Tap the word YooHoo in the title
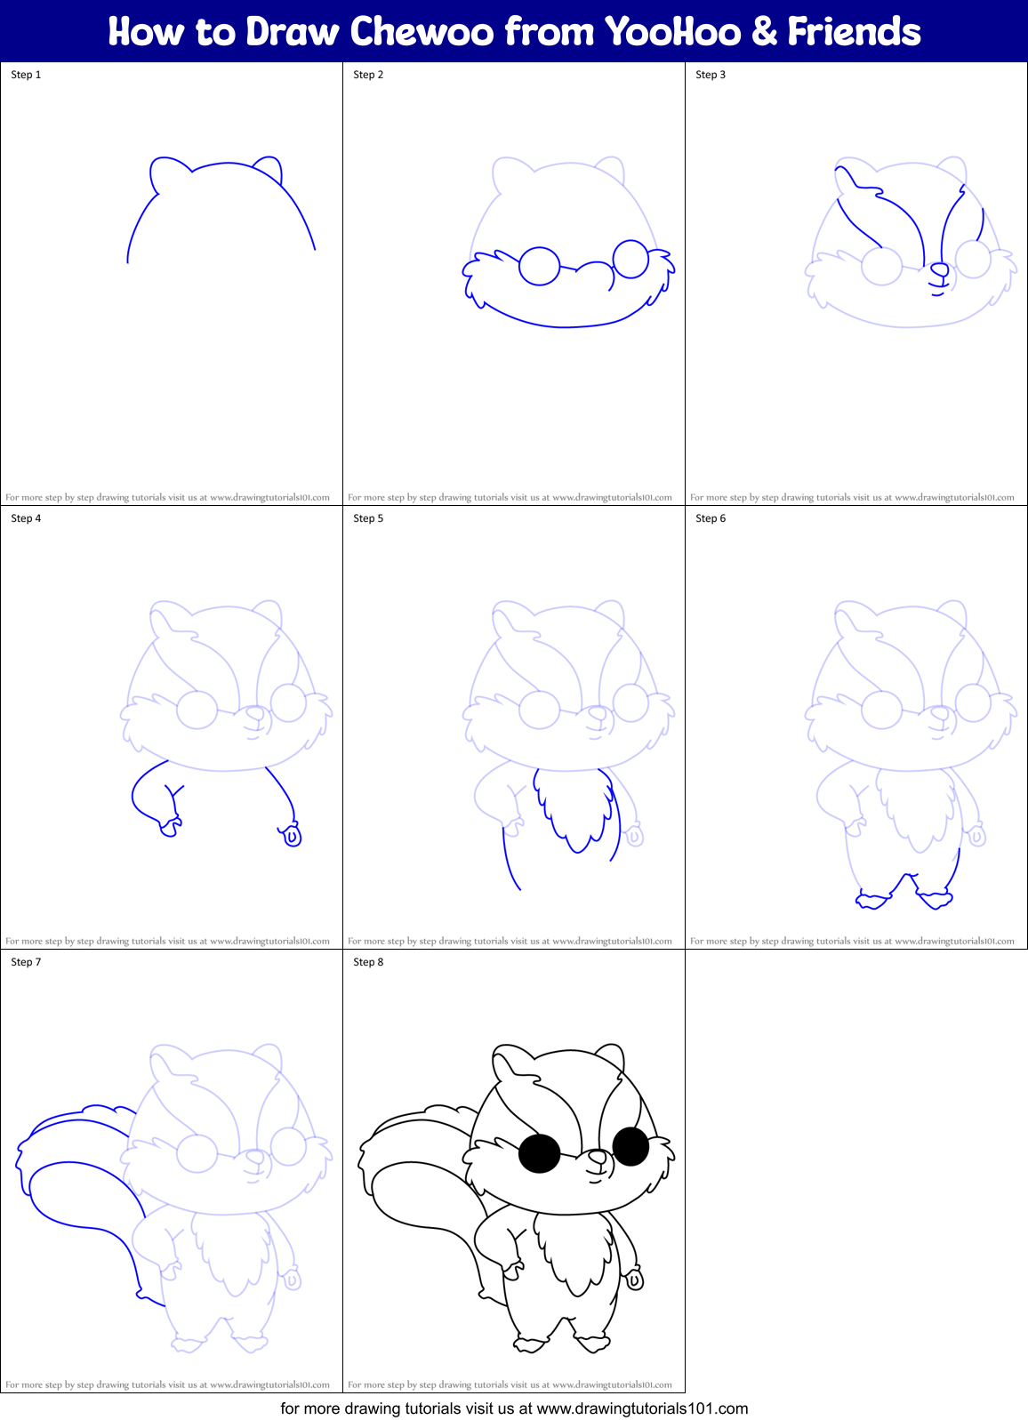[672, 32]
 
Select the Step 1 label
[26, 75]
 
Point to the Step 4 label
[26, 518]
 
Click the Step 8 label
[368, 962]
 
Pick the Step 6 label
[711, 518]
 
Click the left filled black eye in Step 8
[539, 1153]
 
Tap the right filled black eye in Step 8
[631, 1146]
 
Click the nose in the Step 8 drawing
[598, 1157]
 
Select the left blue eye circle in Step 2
[539, 266]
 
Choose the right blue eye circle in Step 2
[631, 259]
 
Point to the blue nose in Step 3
[939, 269]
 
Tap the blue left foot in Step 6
[872, 900]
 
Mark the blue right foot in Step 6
[936, 899]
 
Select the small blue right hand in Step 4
[291, 836]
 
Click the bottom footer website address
[642, 1408]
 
